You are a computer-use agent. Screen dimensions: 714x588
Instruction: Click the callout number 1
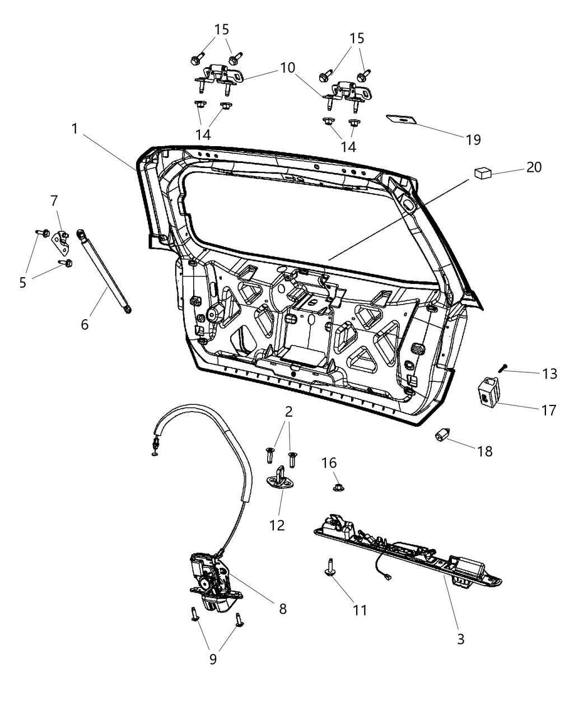pyautogui.click(x=74, y=129)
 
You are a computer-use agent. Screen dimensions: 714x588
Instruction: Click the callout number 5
pyautogui.click(x=22, y=283)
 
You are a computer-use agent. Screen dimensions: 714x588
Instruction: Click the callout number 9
pyautogui.click(x=213, y=659)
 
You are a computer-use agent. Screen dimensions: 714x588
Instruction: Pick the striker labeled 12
pyautogui.click(x=280, y=482)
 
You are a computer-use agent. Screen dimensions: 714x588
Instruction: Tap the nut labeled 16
pyautogui.click(x=338, y=487)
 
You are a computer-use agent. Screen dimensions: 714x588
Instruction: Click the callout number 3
pyautogui.click(x=460, y=639)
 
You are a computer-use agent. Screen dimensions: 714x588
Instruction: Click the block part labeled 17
pyautogui.click(x=486, y=390)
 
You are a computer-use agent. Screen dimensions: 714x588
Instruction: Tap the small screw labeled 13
pyautogui.click(x=503, y=367)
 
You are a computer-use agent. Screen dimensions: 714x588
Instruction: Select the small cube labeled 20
pyautogui.click(x=482, y=173)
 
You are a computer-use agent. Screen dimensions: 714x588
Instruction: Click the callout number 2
pyautogui.click(x=288, y=412)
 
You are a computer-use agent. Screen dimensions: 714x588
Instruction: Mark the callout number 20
pyautogui.click(x=534, y=167)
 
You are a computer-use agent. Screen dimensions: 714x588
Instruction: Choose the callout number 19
pyautogui.click(x=473, y=139)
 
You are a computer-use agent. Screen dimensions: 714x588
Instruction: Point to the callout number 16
pyautogui.click(x=329, y=463)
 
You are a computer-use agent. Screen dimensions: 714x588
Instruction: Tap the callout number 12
pyautogui.click(x=277, y=525)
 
